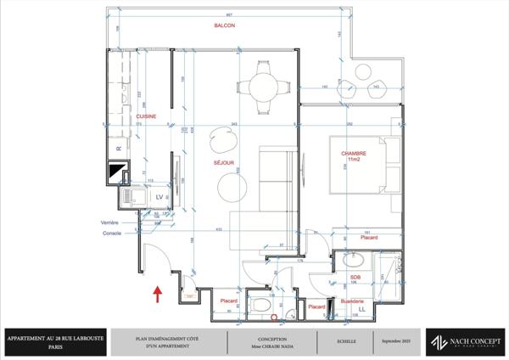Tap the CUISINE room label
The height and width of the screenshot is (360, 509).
coord(146,116)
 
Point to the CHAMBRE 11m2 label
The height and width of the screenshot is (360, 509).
coord(354,158)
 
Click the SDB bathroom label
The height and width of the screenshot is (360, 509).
coord(355,277)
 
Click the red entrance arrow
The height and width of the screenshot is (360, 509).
coord(158,294)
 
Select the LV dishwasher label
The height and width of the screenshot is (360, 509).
coord(158,196)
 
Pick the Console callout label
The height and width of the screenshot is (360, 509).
coord(111,233)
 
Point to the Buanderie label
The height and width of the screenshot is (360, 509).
coord(352,301)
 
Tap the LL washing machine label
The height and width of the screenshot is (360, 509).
coord(362,310)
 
